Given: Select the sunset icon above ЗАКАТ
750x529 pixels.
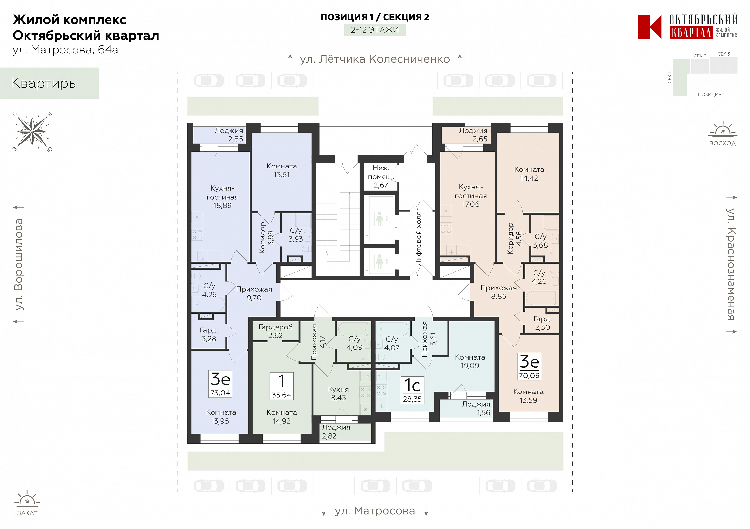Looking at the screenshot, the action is pyautogui.click(x=27, y=499).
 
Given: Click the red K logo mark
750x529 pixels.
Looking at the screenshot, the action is pyautogui.click(x=649, y=27).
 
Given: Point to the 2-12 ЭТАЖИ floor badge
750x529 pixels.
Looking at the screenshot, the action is pyautogui.click(x=375, y=30).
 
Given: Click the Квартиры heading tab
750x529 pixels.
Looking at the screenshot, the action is pyautogui.click(x=49, y=83).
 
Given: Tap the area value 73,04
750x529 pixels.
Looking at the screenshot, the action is pyautogui.click(x=220, y=393).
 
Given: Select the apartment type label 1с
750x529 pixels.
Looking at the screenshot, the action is pyautogui.click(x=412, y=385).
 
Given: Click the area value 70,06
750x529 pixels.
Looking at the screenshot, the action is pyautogui.click(x=529, y=376).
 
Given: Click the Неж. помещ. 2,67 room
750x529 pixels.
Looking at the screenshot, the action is pyautogui.click(x=381, y=177).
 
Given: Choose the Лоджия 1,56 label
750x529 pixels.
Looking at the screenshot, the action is pyautogui.click(x=476, y=408).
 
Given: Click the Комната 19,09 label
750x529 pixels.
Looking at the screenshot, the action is pyautogui.click(x=470, y=361).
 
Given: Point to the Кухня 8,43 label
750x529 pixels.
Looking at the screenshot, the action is pyautogui.click(x=338, y=393).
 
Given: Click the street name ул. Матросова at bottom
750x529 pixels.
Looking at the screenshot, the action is pyautogui.click(x=375, y=511).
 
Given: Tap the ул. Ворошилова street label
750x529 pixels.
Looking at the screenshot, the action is pyautogui.click(x=19, y=264).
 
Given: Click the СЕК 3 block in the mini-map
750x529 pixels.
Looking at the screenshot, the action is pyautogui.click(x=724, y=65).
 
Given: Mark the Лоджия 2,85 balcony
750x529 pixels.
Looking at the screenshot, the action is pyautogui.click(x=220, y=135).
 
